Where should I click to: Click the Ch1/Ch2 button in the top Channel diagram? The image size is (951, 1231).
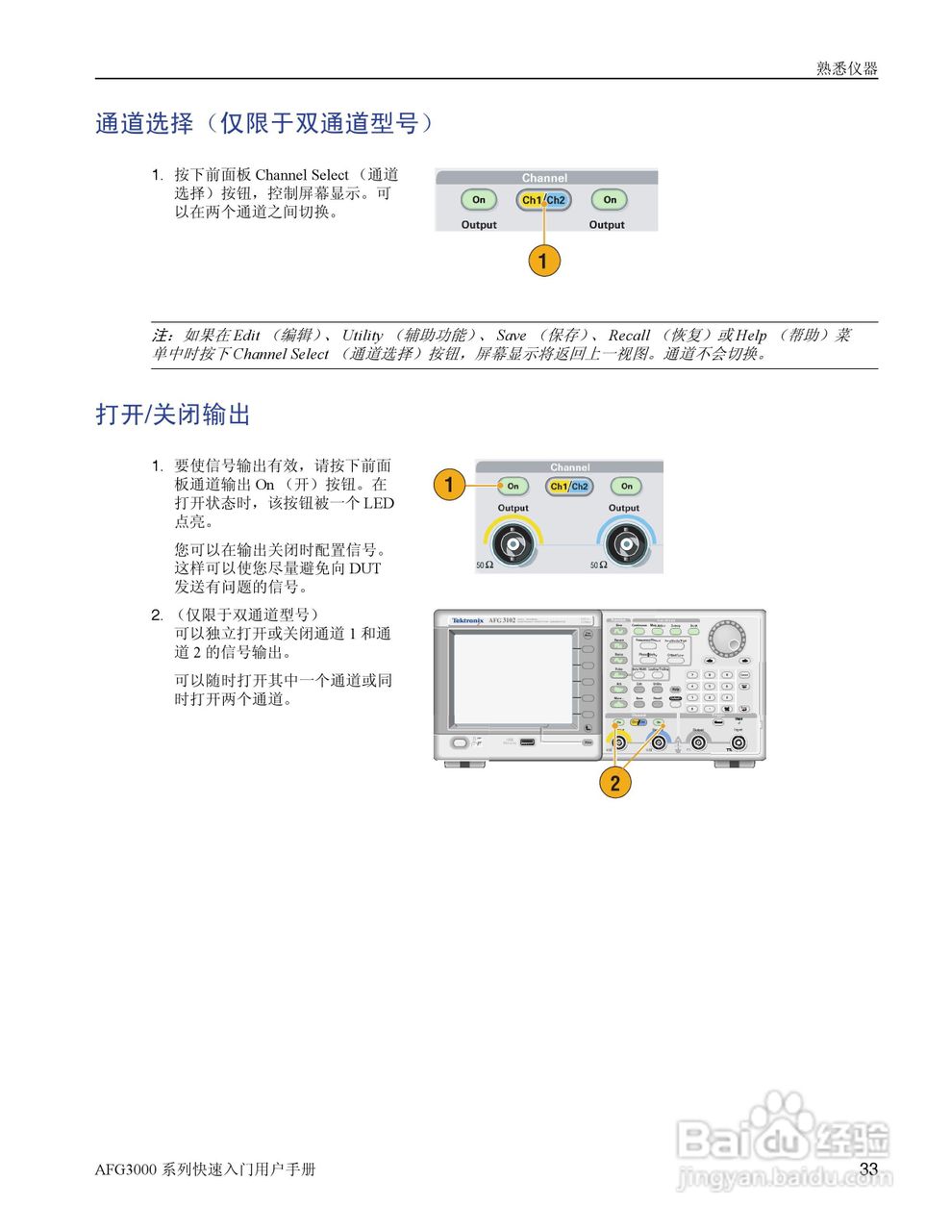543,200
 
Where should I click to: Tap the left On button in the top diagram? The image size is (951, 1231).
478,200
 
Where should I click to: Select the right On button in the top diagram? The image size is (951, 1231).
610,200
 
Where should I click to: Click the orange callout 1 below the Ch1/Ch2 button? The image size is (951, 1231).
543,261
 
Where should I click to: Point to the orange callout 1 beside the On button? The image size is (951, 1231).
449,485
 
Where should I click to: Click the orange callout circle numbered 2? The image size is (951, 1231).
615,782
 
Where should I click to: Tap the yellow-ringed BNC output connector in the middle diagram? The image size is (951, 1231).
513,545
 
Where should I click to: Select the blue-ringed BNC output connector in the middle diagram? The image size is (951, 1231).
624,545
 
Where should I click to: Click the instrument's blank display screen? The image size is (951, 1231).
513,677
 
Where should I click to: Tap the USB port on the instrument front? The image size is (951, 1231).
527,742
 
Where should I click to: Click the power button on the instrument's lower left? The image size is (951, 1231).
460,742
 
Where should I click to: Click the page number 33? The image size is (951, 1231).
868,1168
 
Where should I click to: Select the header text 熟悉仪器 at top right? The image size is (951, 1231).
847,68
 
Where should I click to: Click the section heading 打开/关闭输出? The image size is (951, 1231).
173,415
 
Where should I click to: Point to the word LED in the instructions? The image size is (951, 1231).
379,503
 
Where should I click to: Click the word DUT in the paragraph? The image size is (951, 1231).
364,568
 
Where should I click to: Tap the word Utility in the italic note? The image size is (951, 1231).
363,336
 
